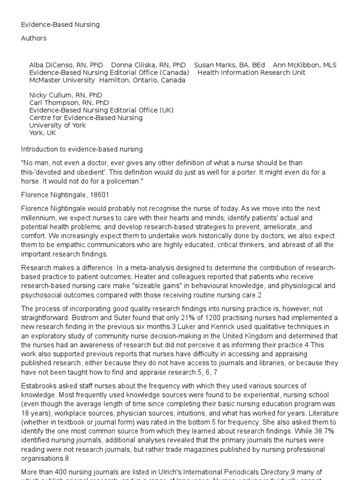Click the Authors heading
33,38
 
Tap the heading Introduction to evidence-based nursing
82,149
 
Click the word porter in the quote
259,173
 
